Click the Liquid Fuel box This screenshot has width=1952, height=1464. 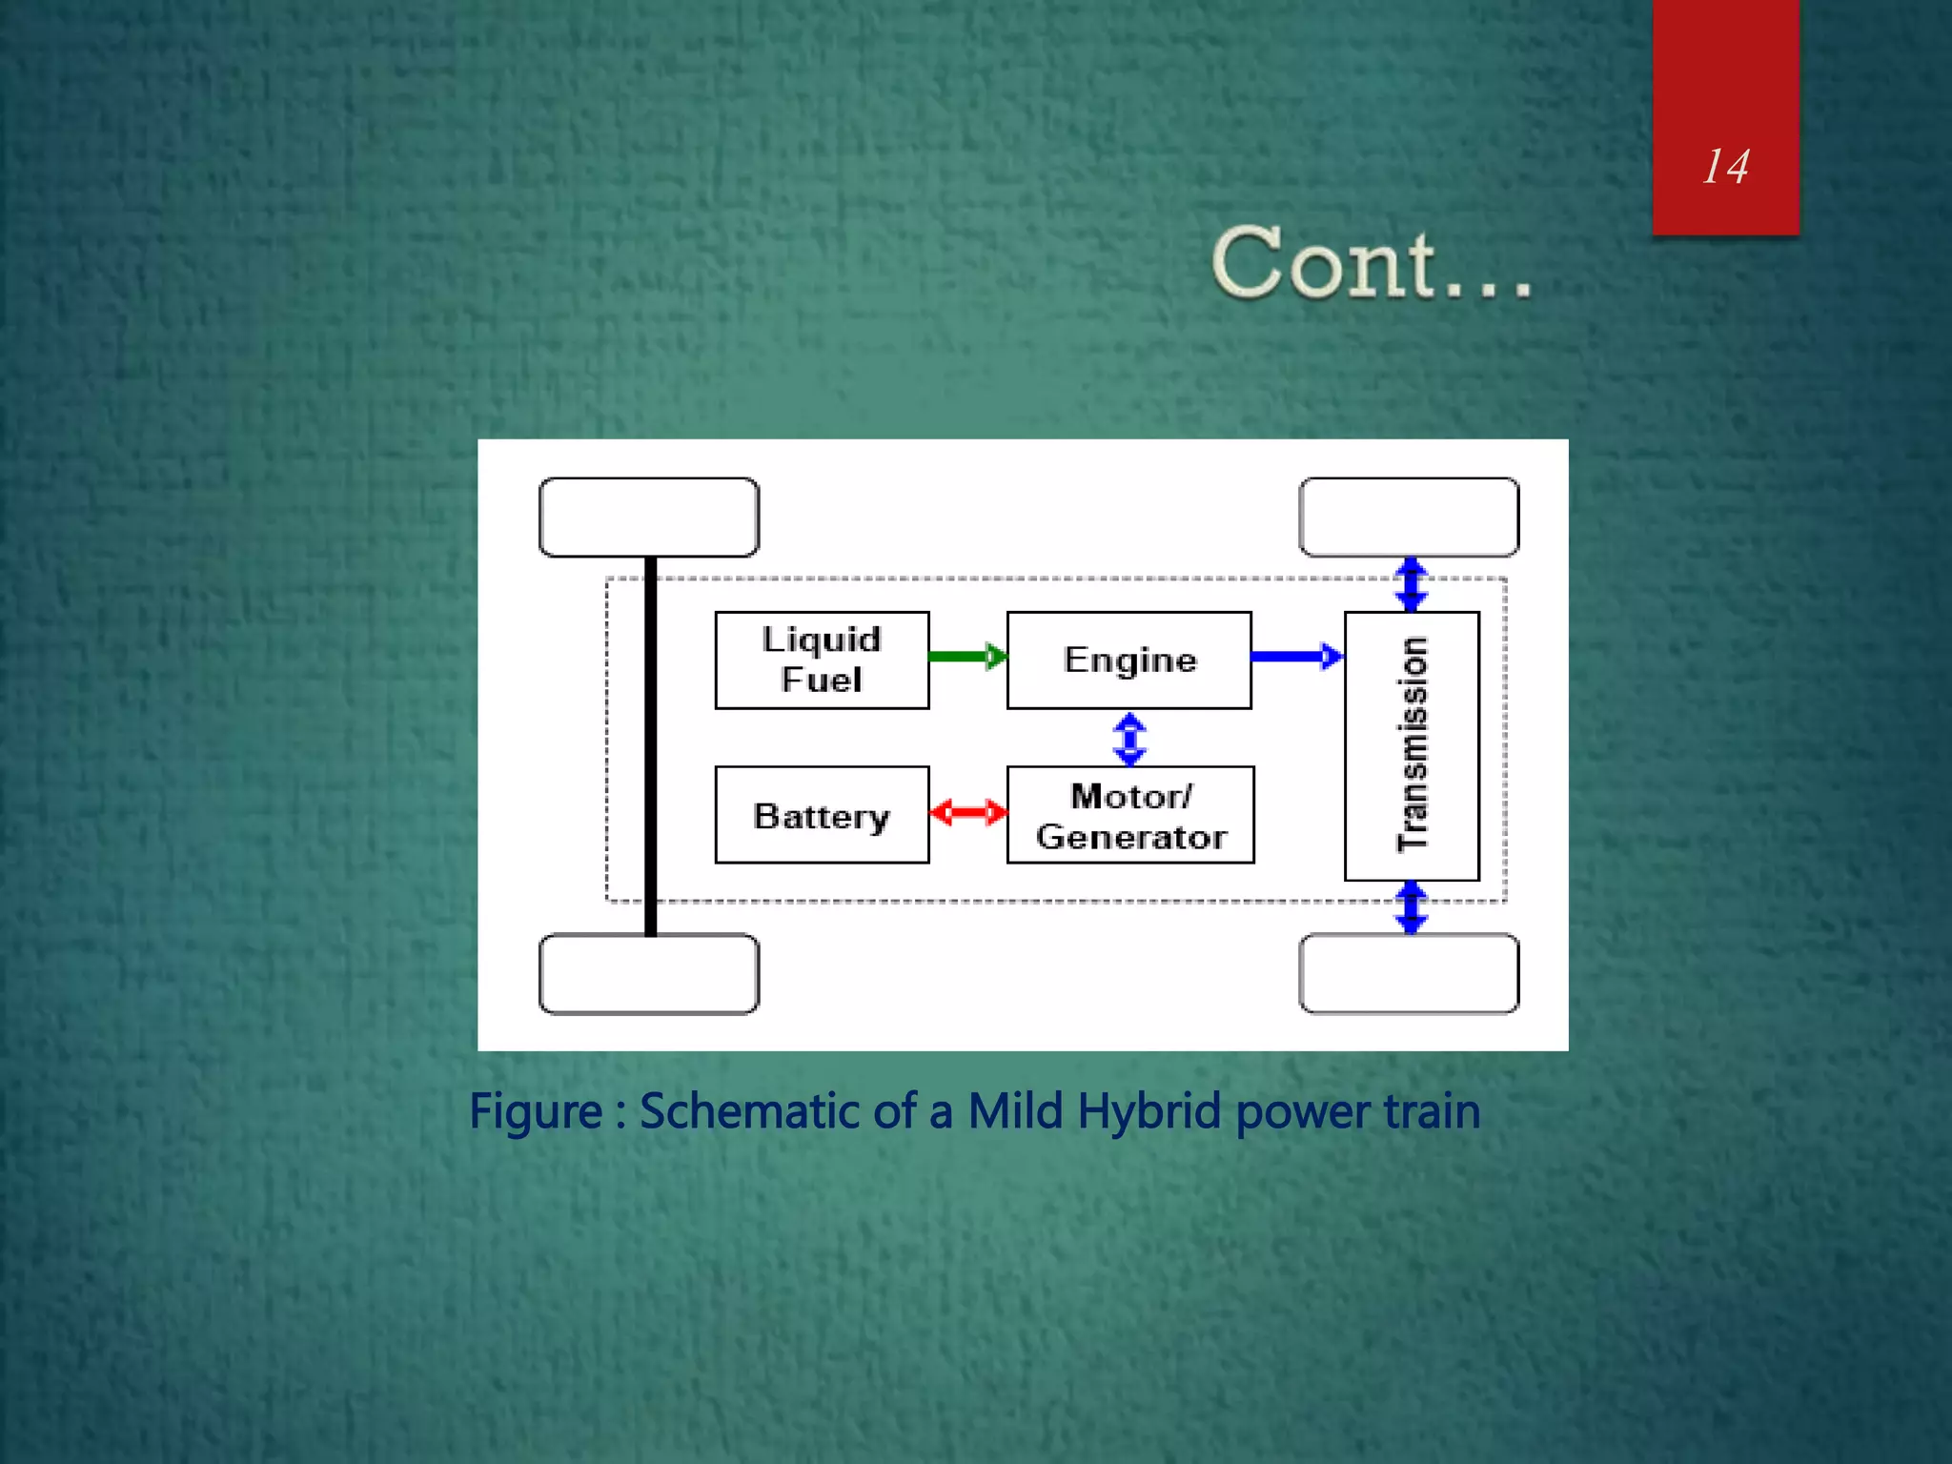[x=822, y=660]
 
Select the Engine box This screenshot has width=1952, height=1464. [x=1128, y=660]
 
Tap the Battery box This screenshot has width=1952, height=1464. [x=822, y=815]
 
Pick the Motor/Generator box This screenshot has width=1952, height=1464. [x=1130, y=815]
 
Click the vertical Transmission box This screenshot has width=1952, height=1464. [x=1412, y=745]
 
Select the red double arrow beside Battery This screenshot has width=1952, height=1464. [x=967, y=813]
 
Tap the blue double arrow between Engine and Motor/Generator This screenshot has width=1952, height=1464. [x=1129, y=739]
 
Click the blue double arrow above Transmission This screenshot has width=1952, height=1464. [x=1412, y=583]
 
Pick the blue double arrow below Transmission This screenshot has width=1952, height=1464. [x=1412, y=907]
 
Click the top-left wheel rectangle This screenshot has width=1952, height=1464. [x=649, y=518]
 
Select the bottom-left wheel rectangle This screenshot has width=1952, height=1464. [x=649, y=973]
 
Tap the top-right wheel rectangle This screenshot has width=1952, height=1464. [x=1409, y=518]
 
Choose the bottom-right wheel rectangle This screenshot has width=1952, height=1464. [x=1409, y=973]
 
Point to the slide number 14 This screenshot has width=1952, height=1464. [x=1725, y=167]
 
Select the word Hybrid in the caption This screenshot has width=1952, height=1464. [x=1149, y=1111]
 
